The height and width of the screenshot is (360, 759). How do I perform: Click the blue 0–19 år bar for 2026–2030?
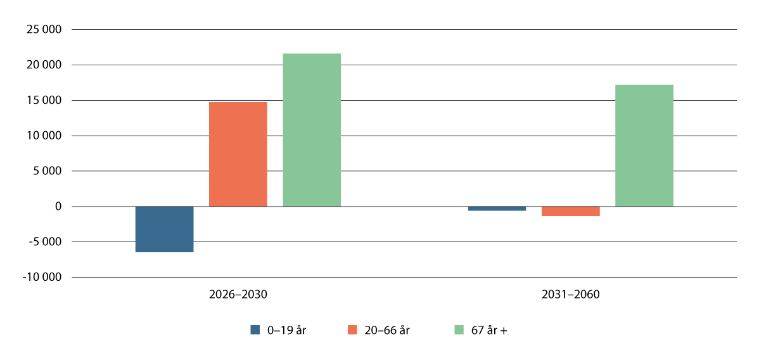pos(164,229)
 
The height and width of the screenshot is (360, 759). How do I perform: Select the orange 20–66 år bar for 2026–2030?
pos(238,154)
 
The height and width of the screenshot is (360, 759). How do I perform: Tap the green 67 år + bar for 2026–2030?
pos(312,130)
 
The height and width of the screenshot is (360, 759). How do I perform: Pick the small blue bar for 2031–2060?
pos(497,209)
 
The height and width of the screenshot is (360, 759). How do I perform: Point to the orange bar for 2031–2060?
pos(570,211)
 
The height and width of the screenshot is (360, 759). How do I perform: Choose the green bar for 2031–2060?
pos(644,145)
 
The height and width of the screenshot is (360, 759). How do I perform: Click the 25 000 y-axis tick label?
pos(44,30)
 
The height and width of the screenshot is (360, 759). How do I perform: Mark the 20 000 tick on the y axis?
pos(44,65)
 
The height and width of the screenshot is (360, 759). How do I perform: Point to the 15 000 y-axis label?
pos(44,101)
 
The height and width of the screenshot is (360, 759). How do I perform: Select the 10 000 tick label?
pos(44,136)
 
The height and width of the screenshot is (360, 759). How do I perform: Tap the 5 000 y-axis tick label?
pos(47,172)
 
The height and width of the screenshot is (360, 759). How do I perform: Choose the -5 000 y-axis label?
pos(45,242)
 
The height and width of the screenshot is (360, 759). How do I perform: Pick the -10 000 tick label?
pos(42,278)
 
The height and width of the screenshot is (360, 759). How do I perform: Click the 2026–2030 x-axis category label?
pos(238,295)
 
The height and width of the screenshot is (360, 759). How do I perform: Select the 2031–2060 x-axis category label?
pos(570,295)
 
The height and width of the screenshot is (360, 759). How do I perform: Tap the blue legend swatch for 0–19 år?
pos(255,330)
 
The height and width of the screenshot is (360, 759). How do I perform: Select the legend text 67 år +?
pos(489,330)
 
